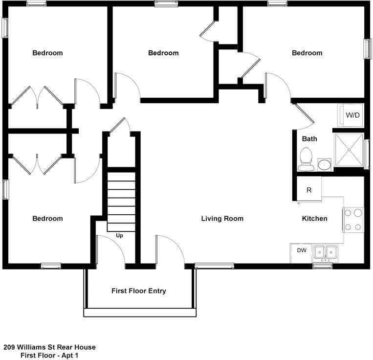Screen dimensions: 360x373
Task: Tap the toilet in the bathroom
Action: pyautogui.click(x=307, y=159)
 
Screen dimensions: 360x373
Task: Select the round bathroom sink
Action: pyautogui.click(x=325, y=164)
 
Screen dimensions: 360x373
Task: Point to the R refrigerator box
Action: pyautogui.click(x=309, y=190)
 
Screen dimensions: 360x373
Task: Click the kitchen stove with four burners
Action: pyautogui.click(x=353, y=220)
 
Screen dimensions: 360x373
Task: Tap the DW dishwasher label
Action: pyautogui.click(x=302, y=250)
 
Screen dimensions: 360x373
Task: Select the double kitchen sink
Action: pyautogui.click(x=325, y=252)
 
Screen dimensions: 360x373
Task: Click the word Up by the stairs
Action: pyautogui.click(x=119, y=236)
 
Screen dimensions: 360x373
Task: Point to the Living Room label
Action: pyautogui.click(x=222, y=219)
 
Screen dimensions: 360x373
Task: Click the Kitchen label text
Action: pyautogui.click(x=314, y=219)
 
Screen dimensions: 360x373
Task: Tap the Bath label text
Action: pyautogui.click(x=309, y=139)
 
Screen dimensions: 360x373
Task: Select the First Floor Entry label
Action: pyautogui.click(x=139, y=291)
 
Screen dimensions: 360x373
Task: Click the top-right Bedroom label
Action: pyautogui.click(x=307, y=53)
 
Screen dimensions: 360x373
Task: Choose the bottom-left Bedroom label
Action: pyautogui.click(x=47, y=219)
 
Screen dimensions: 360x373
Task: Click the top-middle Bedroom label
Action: pyautogui.click(x=163, y=53)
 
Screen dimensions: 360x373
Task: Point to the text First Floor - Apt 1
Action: pyautogui.click(x=49, y=356)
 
